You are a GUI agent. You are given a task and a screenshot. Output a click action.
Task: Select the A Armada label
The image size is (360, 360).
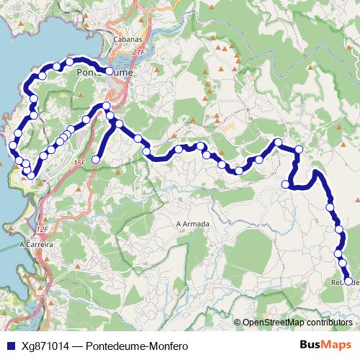192,224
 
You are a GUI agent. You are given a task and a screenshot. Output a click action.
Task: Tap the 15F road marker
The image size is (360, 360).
79,163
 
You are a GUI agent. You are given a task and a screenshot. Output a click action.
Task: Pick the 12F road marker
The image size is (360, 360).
41,229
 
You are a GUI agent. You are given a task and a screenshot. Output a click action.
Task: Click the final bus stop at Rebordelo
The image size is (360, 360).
348,282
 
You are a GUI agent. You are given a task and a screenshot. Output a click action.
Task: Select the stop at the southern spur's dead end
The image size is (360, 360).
95,158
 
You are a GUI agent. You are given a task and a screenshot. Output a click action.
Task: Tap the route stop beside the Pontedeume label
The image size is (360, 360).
109,71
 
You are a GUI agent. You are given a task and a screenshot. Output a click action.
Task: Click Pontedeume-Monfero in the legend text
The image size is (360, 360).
137,346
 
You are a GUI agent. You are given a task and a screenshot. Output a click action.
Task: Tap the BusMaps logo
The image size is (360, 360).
325,346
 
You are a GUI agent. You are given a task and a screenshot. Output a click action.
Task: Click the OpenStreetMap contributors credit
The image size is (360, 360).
297,323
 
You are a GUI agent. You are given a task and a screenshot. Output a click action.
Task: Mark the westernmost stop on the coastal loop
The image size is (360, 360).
12,146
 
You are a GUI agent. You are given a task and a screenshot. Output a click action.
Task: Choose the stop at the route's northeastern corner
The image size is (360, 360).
299,149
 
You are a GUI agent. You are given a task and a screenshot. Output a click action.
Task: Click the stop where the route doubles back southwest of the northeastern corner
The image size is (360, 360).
285,184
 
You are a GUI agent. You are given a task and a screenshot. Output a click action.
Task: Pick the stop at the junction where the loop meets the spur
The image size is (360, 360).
107,107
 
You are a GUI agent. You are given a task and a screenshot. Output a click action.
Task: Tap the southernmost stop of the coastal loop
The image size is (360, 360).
32,175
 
